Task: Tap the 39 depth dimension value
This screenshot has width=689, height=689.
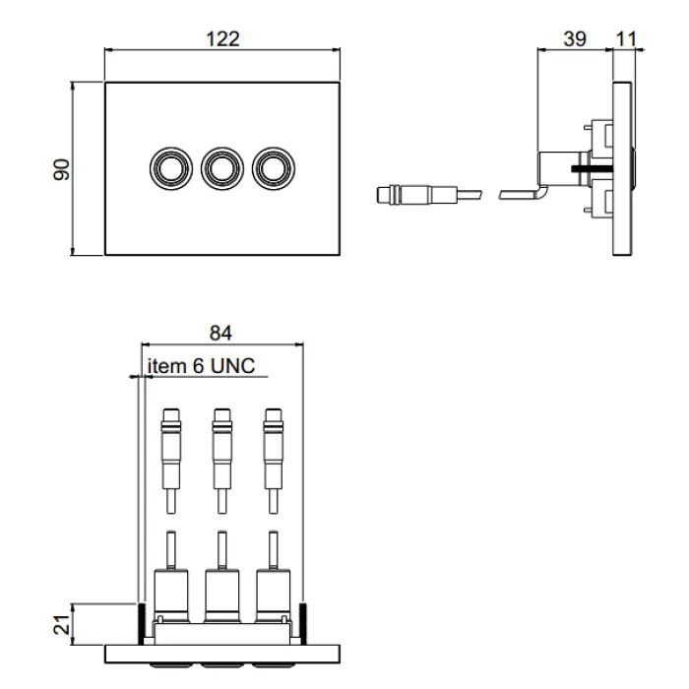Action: [574, 38]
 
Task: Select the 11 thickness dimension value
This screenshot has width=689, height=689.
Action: [624, 38]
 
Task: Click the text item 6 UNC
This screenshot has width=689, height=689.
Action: [202, 366]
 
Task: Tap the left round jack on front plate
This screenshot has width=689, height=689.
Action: [168, 168]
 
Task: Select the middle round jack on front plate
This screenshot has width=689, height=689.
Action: [220, 168]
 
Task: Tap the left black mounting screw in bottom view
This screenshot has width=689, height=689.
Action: [141, 622]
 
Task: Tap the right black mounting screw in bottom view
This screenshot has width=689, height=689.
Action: [305, 622]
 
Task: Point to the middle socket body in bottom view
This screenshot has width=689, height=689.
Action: [221, 595]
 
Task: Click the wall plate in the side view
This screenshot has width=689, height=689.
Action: [623, 169]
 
